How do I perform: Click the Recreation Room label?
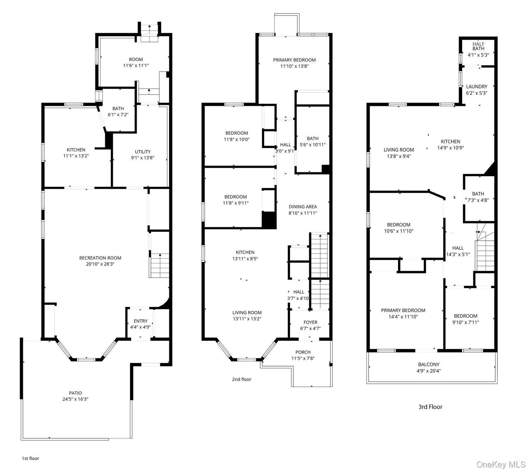tap(100, 258)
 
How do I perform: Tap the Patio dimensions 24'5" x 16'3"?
tap(75, 399)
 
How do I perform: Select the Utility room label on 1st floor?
tap(143, 152)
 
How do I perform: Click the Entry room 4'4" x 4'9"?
tap(141, 324)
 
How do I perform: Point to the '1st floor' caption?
tap(31, 458)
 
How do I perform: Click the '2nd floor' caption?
tap(241, 379)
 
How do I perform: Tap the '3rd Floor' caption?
tap(430, 407)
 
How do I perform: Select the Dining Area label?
tap(303, 207)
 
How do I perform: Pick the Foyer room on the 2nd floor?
tap(310, 325)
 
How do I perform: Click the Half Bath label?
tap(478, 46)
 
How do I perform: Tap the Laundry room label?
tap(477, 87)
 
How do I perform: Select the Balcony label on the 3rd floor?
tap(429, 364)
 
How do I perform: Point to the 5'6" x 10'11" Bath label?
tap(313, 142)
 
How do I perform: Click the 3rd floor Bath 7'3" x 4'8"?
tap(478, 197)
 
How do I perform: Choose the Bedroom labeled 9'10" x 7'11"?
tap(466, 319)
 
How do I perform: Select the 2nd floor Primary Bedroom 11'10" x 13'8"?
tap(294, 63)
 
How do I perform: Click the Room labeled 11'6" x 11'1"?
tap(136, 62)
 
